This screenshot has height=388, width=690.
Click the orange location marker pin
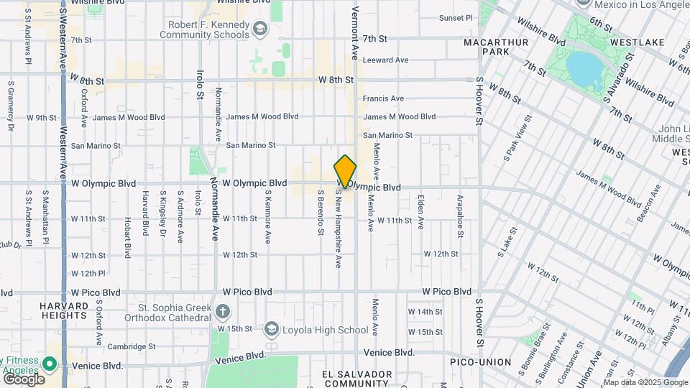click(x=345, y=172)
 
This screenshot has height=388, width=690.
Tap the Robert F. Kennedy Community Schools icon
click(x=259, y=29)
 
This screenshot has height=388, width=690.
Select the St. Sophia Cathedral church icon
click(x=223, y=311)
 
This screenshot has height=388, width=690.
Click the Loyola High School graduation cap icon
click(x=271, y=330)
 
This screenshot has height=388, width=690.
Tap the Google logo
click(x=24, y=379)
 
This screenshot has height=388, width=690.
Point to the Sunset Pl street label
click(x=456, y=18)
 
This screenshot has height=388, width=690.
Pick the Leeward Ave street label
click(x=386, y=60)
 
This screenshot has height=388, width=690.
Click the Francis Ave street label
click(x=383, y=98)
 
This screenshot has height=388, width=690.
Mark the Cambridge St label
click(x=132, y=346)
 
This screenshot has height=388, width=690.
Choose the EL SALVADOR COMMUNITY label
click(x=357, y=379)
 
